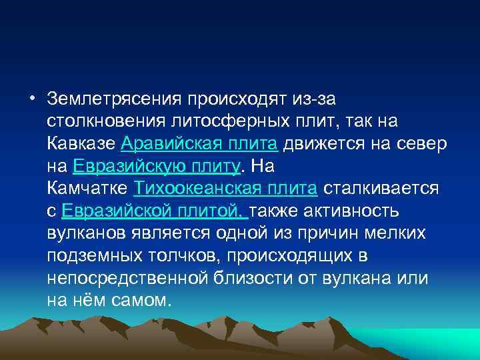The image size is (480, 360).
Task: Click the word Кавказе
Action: click(x=83, y=144)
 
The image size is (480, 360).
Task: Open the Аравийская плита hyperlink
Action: click(x=200, y=144)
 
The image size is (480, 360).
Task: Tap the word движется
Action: click(x=323, y=144)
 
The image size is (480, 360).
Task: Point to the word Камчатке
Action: click(x=88, y=189)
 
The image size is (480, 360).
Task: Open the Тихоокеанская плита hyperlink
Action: click(x=225, y=189)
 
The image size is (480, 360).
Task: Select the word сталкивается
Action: click(x=380, y=189)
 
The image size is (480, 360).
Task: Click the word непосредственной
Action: click(x=128, y=278)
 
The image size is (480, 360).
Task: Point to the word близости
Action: click(x=255, y=278)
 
